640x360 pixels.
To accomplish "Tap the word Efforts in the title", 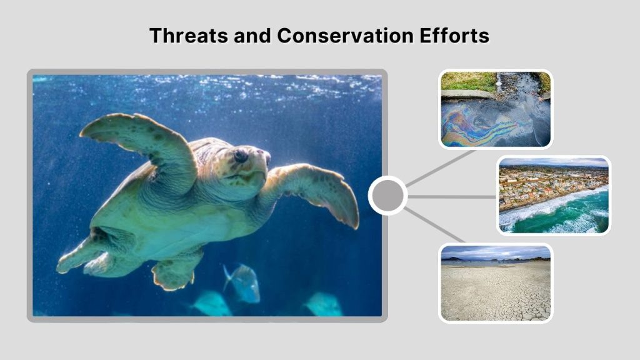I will click(456, 36).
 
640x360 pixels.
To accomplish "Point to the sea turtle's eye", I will click(240, 156).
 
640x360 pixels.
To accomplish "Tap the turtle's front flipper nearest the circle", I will click(319, 191).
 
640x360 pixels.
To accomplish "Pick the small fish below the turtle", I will click(244, 284).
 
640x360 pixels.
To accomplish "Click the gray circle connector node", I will click(387, 196).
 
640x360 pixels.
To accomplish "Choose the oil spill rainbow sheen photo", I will click(496, 109).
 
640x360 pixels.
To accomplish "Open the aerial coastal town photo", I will click(554, 195).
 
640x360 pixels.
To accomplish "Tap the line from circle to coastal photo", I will click(453, 196).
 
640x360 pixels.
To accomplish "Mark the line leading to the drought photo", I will click(434, 225).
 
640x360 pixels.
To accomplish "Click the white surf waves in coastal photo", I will click(550, 209).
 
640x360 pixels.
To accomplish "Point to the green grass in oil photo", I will click(466, 81).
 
